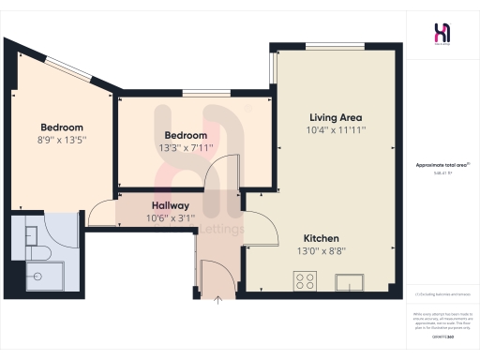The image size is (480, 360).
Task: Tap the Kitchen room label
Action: pos(321,238)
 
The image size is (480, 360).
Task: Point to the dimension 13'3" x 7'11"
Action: pos(185,147)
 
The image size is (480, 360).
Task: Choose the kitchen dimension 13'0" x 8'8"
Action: pos(321,252)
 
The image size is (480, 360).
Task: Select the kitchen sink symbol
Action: pos(355,279)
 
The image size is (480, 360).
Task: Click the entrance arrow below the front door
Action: pos(217,299)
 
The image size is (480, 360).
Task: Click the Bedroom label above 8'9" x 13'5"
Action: pos(62,127)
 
